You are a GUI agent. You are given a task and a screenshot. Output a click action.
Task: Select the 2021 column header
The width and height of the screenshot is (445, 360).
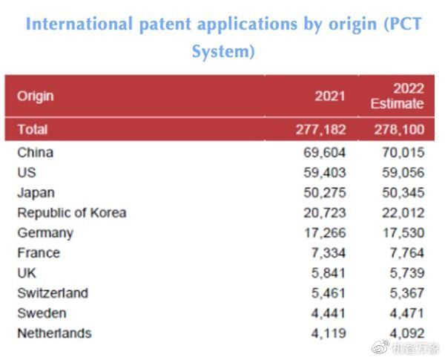(x=330, y=96)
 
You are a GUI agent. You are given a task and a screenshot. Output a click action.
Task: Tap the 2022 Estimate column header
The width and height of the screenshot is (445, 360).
(x=398, y=96)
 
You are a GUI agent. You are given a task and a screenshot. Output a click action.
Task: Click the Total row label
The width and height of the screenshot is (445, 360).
(x=32, y=129)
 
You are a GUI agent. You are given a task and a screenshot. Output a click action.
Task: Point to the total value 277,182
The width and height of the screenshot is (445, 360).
(x=320, y=129)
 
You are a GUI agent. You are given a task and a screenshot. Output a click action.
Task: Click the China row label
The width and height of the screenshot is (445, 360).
(x=35, y=153)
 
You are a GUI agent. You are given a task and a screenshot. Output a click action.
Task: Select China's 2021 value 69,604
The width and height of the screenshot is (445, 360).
(x=324, y=153)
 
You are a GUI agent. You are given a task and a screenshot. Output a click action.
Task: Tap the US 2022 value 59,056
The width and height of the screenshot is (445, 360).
(x=402, y=173)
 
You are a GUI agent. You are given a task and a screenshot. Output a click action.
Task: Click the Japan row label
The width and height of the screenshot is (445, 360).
(x=36, y=193)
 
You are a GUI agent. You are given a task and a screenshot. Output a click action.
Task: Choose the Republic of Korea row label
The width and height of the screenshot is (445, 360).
(x=71, y=213)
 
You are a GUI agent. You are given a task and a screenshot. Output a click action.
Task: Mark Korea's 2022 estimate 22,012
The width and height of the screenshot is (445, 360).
(x=402, y=213)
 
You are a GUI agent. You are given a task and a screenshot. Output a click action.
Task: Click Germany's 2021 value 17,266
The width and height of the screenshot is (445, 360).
(x=324, y=233)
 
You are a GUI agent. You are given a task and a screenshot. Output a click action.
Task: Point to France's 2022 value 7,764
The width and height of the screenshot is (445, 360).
(x=406, y=253)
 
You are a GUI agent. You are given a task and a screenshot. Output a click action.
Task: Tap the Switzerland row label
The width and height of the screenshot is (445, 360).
(x=52, y=293)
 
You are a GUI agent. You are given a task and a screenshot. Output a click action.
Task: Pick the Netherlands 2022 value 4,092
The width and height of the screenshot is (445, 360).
(x=406, y=333)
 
